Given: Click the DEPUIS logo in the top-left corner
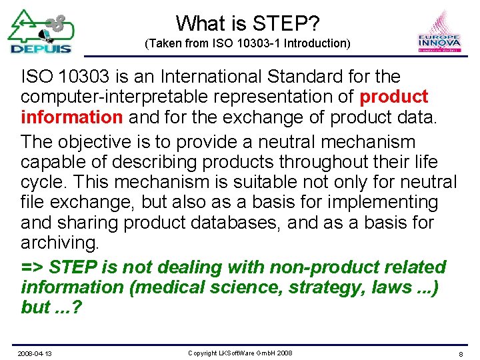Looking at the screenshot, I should [x=40, y=31].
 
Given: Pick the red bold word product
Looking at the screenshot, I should [x=393, y=97].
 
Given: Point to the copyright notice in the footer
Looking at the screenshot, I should [x=240, y=353].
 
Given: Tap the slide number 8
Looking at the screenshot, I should [x=461, y=353].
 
